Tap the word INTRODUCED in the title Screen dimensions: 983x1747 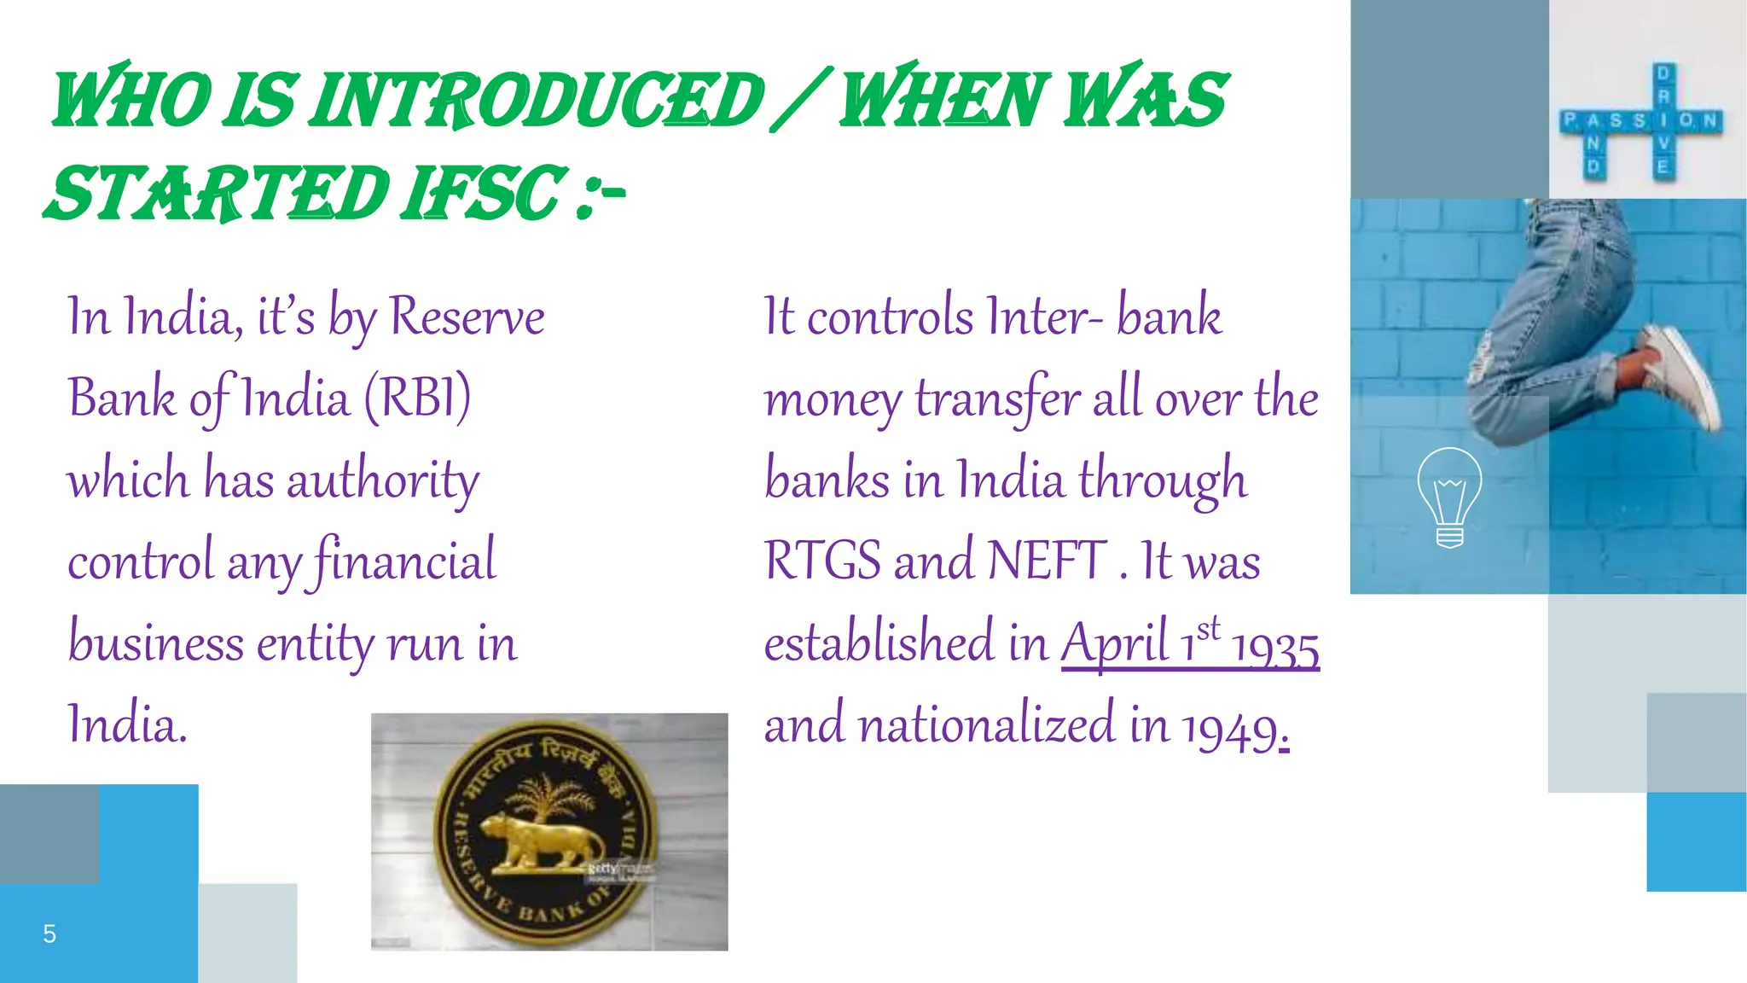(537, 101)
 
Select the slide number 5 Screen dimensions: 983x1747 (49, 934)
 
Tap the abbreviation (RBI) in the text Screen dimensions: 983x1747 (418, 398)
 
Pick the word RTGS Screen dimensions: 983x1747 (822, 561)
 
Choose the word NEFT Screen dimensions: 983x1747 (1047, 561)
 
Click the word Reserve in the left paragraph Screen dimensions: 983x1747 (467, 317)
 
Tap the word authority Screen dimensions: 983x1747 (383, 480)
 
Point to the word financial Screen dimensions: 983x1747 (404, 561)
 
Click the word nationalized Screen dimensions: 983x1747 (987, 725)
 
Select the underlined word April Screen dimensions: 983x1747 (1114, 643)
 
